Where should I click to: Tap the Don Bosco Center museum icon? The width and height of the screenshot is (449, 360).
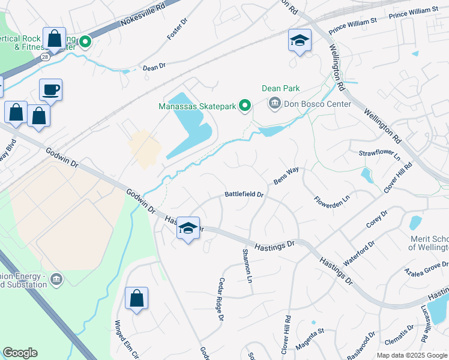(x=275, y=103)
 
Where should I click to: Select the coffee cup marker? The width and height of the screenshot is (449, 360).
(x=51, y=91)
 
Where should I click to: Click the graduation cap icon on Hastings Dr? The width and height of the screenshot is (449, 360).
(x=188, y=227)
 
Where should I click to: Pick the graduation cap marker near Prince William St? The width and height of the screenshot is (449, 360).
(x=300, y=40)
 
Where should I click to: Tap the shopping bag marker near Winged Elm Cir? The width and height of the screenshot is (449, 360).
(x=136, y=298)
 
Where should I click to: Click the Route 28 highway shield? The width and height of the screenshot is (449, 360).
(x=45, y=56)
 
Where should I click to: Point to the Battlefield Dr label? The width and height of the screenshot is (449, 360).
(x=244, y=194)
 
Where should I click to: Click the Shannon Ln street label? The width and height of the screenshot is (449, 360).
(x=247, y=266)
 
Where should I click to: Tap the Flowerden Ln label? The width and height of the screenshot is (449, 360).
(x=331, y=199)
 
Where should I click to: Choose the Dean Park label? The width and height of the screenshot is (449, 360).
(x=280, y=88)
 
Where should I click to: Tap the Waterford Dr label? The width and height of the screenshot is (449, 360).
(x=359, y=254)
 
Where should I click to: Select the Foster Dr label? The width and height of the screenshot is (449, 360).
(x=178, y=28)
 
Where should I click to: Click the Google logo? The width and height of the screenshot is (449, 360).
(x=20, y=353)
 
